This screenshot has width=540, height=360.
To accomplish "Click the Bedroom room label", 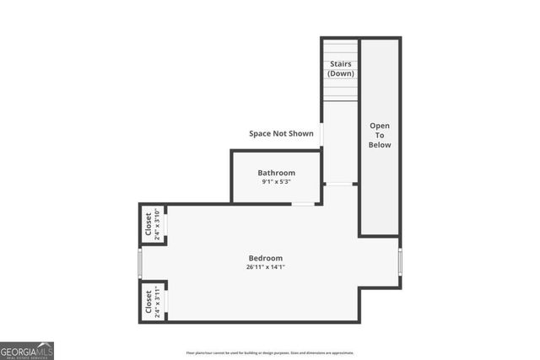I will [x=265, y=258].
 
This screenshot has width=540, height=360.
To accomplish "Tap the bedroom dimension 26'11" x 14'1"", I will [x=265, y=267].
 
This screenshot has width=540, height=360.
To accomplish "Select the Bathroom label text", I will [x=276, y=173].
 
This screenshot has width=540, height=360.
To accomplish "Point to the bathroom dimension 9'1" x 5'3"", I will [x=276, y=182].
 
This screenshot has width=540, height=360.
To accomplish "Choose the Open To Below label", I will [x=380, y=135].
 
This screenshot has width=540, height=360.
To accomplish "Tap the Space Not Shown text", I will [x=281, y=133].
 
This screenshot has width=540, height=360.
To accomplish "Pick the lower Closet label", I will [x=148, y=301].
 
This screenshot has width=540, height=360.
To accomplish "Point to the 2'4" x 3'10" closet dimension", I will [x=157, y=224].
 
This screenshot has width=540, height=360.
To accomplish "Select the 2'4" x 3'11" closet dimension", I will [x=157, y=301].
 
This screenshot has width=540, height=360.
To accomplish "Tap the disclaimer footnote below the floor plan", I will [x=270, y=353].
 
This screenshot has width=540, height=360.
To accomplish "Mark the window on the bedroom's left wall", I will [x=140, y=263].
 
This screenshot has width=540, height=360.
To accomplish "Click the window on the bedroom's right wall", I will [x=400, y=263].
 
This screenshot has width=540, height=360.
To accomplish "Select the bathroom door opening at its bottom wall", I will [x=303, y=203].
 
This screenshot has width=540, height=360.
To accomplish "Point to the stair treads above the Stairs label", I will [x=340, y=48].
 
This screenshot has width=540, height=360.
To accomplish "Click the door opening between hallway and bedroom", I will [x=338, y=184].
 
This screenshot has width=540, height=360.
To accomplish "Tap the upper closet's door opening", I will [x=166, y=224].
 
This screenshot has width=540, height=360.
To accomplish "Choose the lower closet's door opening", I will [x=166, y=301].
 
